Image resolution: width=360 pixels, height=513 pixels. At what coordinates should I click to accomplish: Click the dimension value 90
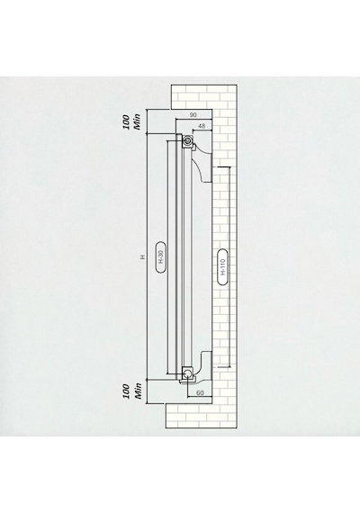coord(193,115)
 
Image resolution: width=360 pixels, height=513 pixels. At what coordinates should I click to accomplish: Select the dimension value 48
coord(202,126)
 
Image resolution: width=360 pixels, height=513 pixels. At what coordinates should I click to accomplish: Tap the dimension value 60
coord(200,392)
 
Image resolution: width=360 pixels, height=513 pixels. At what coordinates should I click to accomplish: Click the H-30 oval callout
coord(160,257)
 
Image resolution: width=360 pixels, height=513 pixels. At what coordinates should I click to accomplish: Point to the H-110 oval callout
coord(222,267)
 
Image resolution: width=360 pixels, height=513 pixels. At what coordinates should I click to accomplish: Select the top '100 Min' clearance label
coord(131,121)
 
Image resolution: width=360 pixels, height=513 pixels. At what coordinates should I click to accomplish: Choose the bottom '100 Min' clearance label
coord(131,391)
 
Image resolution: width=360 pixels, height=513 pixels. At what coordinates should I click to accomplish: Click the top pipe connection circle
coord(187,141)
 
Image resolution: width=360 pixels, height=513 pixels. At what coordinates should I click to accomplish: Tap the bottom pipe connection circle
coord(188,373)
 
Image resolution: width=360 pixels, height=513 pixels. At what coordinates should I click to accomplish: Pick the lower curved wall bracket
coord(203,364)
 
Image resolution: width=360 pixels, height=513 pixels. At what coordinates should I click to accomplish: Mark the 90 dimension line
coord(193,119)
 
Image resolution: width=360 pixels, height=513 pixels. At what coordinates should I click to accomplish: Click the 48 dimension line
coord(202,130)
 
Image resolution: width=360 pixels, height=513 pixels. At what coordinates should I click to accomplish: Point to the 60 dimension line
coord(200,397)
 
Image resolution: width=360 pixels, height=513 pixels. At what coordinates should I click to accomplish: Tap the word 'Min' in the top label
coord(138,121)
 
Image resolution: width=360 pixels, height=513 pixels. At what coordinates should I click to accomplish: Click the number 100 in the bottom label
coord(126,391)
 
